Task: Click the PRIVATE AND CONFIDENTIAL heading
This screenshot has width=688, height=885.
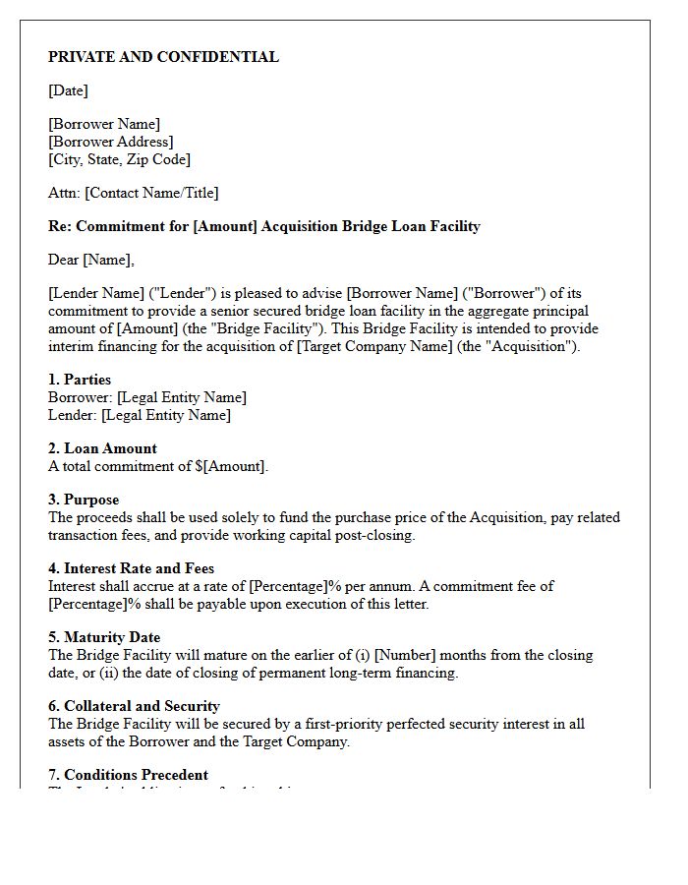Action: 163,57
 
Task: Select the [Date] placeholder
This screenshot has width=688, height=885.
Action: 68,90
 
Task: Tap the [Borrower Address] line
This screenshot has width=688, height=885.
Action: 110,142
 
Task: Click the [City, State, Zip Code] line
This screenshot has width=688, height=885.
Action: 119,159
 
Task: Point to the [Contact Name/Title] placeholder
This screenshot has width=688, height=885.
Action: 151,193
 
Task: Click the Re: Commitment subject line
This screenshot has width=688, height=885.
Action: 263,226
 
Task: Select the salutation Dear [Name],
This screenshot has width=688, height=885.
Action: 90,260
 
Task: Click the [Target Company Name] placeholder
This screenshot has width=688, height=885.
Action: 375,346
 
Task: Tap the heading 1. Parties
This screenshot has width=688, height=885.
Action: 80,380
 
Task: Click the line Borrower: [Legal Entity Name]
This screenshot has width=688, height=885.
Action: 147,397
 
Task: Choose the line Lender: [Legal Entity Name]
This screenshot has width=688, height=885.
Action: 140,415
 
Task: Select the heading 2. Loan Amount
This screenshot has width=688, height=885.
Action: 102,448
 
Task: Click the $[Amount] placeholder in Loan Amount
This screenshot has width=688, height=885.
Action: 230,466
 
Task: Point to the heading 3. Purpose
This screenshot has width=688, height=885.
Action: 84,500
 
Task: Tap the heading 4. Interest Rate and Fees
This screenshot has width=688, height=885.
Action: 131,568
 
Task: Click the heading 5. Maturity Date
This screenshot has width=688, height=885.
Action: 104,637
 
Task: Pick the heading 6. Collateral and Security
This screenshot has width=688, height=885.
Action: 134,706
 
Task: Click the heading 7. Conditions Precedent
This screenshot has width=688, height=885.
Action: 128,775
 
